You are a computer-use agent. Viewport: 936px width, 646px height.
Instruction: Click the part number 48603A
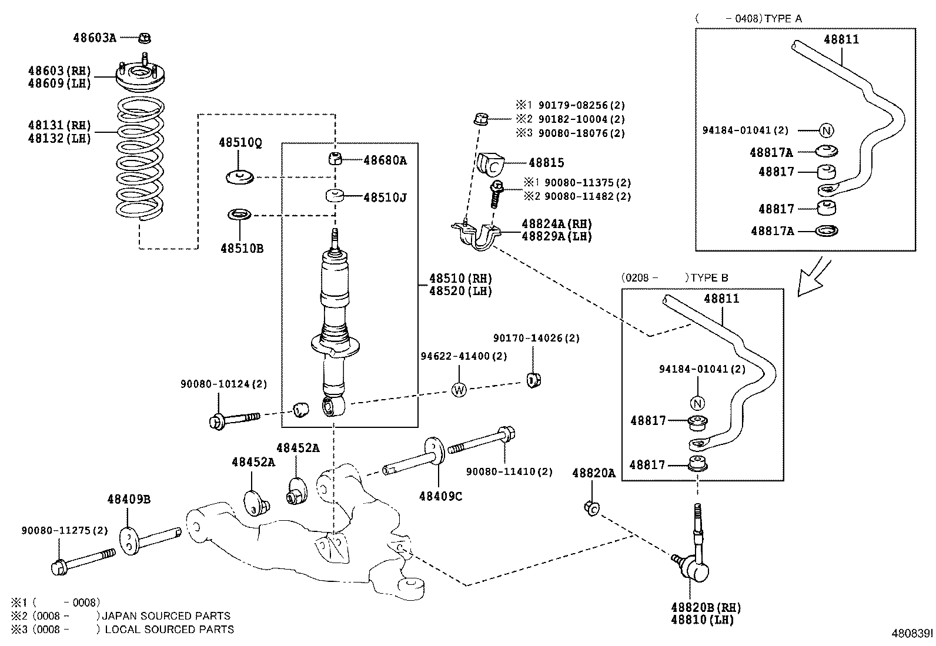pyautogui.click(x=94, y=38)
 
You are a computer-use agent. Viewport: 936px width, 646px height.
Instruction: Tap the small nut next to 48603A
pyautogui.click(x=145, y=38)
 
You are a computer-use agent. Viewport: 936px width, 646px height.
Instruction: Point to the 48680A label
pyautogui.click(x=385, y=160)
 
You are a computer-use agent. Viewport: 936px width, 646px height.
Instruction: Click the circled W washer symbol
pyautogui.click(x=459, y=389)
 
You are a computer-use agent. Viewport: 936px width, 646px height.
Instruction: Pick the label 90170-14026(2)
pyautogui.click(x=536, y=338)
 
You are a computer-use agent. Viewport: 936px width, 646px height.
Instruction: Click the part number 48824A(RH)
pyautogui.click(x=556, y=224)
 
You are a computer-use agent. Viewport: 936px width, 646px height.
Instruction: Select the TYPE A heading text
pyautogui.click(x=783, y=18)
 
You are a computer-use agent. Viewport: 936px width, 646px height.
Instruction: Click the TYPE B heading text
pyautogui.click(x=709, y=277)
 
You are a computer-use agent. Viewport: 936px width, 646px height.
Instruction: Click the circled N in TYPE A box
pyautogui.click(x=827, y=130)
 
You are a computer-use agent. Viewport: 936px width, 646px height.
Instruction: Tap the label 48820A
pyautogui.click(x=593, y=473)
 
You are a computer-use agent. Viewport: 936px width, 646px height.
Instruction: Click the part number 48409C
pyautogui.click(x=440, y=496)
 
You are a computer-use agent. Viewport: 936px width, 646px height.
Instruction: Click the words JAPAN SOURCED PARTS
pyautogui.click(x=166, y=616)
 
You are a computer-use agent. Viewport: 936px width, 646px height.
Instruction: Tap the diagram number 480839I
pyautogui.click(x=911, y=634)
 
